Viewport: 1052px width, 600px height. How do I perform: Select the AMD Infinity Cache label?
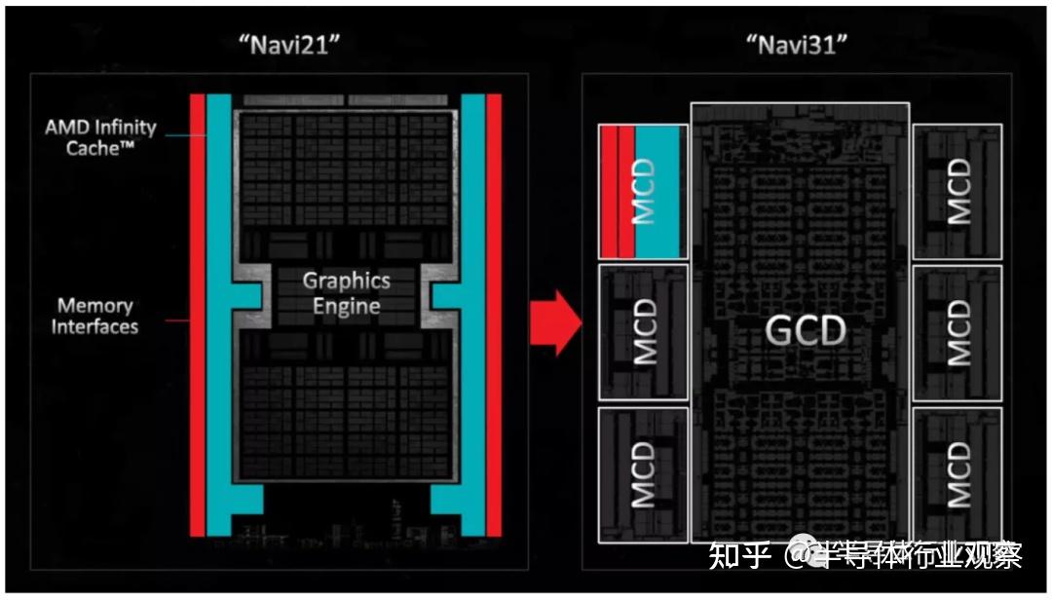[x=99, y=137]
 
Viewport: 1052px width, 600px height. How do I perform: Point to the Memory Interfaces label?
[x=94, y=316]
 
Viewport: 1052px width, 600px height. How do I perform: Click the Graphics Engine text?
[x=346, y=293]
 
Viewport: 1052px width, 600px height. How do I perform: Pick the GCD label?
[x=806, y=332]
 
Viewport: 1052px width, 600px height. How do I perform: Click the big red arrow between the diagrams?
[x=554, y=322]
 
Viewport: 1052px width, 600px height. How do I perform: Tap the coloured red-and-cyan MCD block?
[x=642, y=192]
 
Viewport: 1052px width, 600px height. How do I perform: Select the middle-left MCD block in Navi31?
[x=642, y=332]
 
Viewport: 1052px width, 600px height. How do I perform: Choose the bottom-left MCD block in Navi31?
[x=642, y=474]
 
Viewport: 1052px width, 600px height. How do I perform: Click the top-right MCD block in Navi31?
[x=958, y=192]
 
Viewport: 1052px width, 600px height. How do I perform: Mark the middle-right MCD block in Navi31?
[x=958, y=332]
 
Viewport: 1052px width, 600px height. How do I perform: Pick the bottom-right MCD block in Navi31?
[x=958, y=474]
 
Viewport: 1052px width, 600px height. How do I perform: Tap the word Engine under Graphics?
[x=346, y=306]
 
